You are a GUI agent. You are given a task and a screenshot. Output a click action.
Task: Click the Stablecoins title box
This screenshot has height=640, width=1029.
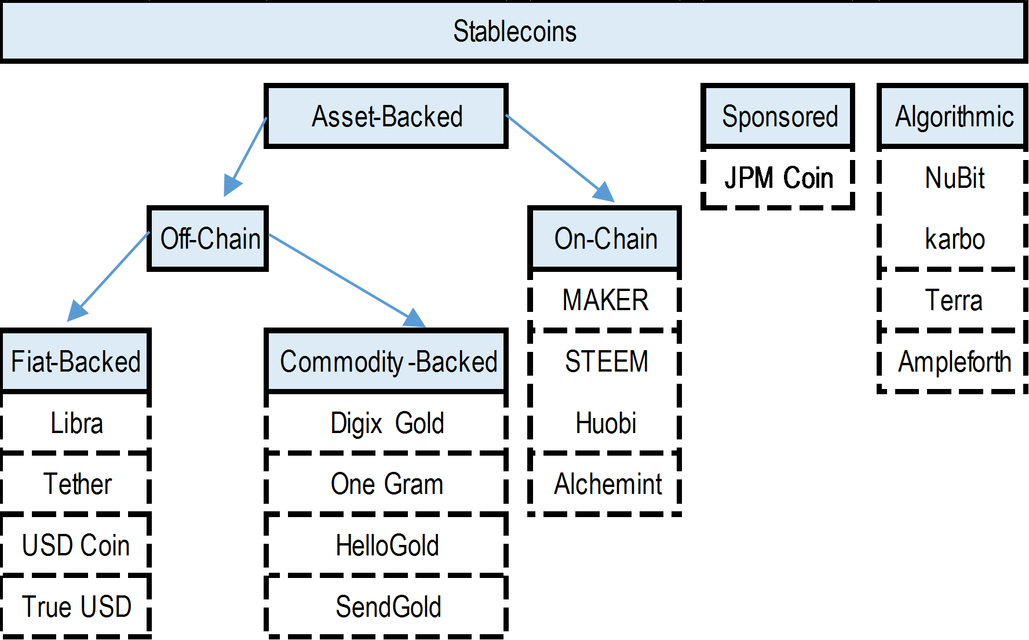pos(514,31)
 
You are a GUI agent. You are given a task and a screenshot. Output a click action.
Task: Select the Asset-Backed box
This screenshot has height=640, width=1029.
pos(386,117)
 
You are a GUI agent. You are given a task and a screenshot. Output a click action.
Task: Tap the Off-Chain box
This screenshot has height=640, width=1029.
pos(209,239)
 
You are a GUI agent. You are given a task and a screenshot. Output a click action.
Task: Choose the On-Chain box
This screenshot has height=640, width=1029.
pos(605,239)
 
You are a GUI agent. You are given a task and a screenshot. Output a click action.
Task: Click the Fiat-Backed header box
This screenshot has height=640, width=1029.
pos(76,362)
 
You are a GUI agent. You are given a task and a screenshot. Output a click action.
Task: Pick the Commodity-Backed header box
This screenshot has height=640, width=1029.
pos(387,362)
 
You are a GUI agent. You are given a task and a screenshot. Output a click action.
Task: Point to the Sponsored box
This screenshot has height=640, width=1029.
pos(779,117)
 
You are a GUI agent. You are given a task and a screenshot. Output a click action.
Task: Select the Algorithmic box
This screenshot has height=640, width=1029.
pos(954,117)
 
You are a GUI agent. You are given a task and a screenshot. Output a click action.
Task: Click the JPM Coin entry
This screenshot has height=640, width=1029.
pos(779,178)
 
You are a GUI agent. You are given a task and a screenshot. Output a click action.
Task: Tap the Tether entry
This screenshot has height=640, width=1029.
pos(76,484)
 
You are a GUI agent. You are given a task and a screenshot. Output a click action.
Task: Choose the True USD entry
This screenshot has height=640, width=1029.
pos(76,607)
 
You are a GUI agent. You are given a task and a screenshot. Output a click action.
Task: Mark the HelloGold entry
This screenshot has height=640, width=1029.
pos(387,546)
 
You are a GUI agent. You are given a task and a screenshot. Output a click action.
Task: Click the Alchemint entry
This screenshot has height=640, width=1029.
pos(607,484)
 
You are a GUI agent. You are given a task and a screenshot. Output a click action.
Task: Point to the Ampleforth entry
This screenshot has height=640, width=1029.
pos(954,362)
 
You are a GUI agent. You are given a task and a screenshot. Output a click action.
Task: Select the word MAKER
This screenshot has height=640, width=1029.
pos(605,300)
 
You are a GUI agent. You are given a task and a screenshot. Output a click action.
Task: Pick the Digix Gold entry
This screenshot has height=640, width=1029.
pos(387,423)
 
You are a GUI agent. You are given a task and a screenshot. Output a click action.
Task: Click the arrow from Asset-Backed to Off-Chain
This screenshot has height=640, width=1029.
pos(247,154)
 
